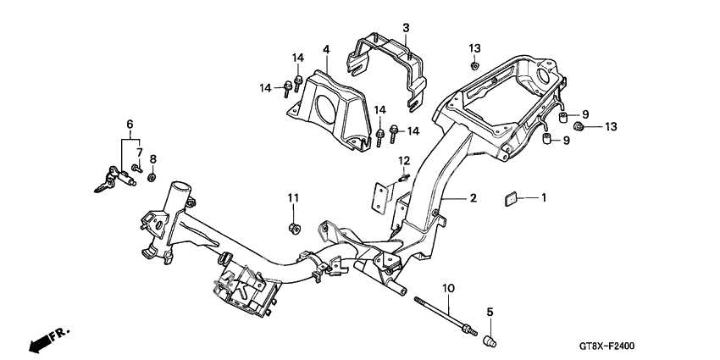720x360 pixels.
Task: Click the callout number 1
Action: coord(544,197)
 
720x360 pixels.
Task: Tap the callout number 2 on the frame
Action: coord(474,198)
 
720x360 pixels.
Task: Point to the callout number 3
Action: coord(406,28)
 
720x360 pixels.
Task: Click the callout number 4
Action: coord(325,49)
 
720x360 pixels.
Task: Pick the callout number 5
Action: coord(490,315)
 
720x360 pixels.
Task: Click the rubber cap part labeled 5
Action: coord(489,341)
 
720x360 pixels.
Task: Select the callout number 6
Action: coord(130,124)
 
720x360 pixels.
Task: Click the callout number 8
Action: coord(152,158)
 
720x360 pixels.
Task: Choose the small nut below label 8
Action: coord(152,177)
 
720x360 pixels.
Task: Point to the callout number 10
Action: coord(448,289)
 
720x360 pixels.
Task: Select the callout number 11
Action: coord(293,197)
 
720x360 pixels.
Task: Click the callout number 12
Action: coord(404,161)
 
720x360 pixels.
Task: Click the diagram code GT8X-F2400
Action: coord(666,345)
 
